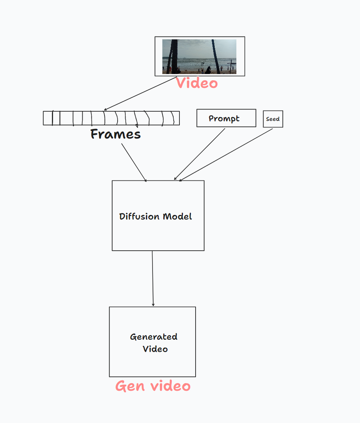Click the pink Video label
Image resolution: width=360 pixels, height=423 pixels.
pyautogui.click(x=197, y=83)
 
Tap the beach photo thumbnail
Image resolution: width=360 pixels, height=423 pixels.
pyautogui.click(x=199, y=56)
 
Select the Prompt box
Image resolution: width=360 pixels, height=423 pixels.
pyautogui.click(x=226, y=118)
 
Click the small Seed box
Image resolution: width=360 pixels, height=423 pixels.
pyautogui.click(x=273, y=119)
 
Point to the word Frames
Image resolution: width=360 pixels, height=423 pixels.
pyautogui.click(x=115, y=134)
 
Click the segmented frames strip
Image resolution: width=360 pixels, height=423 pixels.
pyautogui.click(x=111, y=118)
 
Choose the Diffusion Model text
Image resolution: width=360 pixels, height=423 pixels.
pyautogui.click(x=156, y=216)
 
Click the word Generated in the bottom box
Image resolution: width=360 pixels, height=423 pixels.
pyautogui.click(x=154, y=337)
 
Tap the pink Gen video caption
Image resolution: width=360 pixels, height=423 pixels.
pyautogui.click(x=153, y=386)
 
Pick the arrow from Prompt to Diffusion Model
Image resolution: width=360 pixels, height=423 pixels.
pyautogui.click(x=199, y=154)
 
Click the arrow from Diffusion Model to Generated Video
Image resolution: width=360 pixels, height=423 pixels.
pyautogui.click(x=153, y=278)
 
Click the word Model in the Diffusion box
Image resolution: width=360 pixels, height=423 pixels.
pyautogui.click(x=178, y=216)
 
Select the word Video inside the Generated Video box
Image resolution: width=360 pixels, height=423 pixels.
pyautogui.click(x=155, y=349)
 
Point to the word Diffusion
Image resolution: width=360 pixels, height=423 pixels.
pyautogui.click(x=139, y=216)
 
